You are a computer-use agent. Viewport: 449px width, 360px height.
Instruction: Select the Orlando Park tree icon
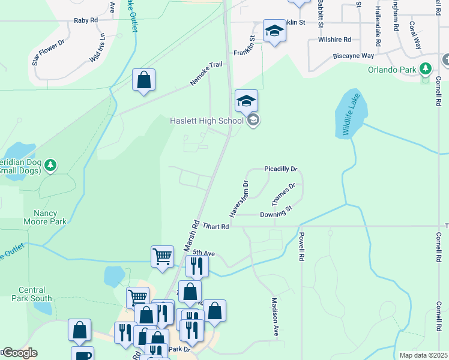426,70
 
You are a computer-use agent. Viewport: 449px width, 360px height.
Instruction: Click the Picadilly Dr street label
280,170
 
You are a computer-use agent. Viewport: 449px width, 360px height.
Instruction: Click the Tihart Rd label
215,226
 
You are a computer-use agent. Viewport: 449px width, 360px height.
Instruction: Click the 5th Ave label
204,253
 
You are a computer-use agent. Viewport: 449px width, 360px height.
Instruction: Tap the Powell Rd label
301,246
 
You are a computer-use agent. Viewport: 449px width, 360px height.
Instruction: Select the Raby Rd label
86,20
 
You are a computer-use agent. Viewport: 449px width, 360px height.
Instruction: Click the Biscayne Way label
354,55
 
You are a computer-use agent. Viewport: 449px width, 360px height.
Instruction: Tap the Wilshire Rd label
334,40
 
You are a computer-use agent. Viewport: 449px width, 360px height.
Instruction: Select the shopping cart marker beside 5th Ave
162,256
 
